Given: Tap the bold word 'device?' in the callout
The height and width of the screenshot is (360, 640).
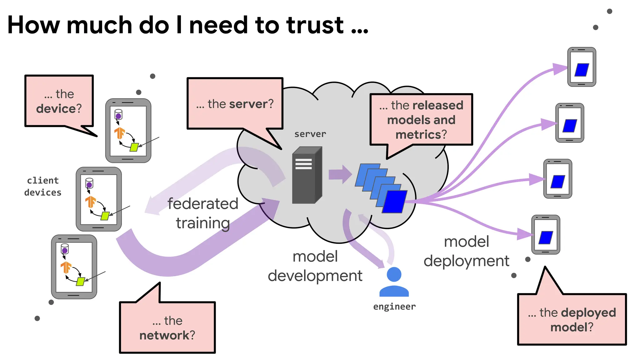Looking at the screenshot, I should point(59,109).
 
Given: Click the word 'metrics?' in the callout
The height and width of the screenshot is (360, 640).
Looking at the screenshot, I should point(421,135).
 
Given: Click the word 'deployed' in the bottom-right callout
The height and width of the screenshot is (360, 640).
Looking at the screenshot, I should point(588,312).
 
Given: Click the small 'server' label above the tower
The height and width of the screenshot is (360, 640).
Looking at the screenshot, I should point(310,134).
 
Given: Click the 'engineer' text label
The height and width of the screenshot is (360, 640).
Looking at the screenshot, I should point(394,307).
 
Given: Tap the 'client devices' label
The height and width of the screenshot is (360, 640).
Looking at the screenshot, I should point(43,187).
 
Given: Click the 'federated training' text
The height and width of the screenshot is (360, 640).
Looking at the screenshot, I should point(202,213).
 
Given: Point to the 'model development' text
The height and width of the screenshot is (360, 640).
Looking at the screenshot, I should point(315,266).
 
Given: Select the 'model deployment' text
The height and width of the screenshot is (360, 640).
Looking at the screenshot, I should point(466,251).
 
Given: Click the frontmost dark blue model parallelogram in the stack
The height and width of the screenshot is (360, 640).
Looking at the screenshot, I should point(394,202).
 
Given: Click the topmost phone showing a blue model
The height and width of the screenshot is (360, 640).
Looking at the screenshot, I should point(582,67).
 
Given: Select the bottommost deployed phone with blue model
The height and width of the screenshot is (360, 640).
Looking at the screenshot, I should point(546,235).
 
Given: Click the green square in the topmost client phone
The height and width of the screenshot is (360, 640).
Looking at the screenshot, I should point(134,147).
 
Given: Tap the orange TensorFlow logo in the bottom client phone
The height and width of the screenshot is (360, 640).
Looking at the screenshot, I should point(66,267).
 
